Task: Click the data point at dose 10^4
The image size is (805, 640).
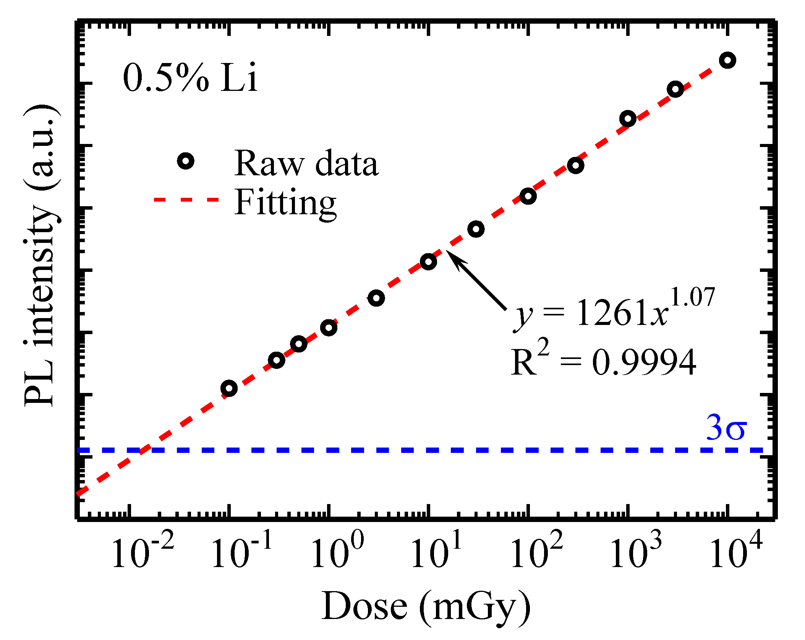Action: click(727, 60)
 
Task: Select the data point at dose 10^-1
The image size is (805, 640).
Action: click(229, 388)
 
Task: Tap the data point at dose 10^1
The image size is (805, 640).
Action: click(428, 262)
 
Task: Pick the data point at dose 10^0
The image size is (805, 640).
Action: click(329, 327)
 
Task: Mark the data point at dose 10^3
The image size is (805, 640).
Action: click(628, 119)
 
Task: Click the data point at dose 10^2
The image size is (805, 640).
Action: click(528, 196)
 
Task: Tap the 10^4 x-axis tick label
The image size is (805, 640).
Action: click(736, 550)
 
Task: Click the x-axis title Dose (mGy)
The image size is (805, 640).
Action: click(426, 608)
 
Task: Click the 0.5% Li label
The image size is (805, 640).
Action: click(190, 78)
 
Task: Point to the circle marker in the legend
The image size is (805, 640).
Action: click(186, 161)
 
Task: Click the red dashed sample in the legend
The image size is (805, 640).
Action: click(186, 200)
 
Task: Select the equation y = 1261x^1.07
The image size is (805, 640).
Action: click(614, 309)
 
